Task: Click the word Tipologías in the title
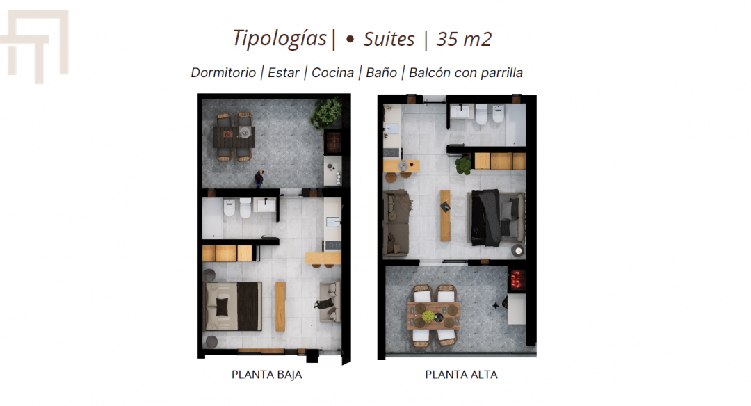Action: [280, 39]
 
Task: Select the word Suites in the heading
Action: [389, 39]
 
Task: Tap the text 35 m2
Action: [464, 39]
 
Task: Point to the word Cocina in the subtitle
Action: [332, 73]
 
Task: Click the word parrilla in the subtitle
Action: [501, 73]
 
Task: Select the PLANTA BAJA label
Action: [267, 375]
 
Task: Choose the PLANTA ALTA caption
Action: [461, 375]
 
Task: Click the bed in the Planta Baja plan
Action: [233, 307]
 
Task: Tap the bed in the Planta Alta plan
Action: [497, 218]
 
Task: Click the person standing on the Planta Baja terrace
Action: [259, 179]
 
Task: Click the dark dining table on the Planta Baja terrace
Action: [234, 138]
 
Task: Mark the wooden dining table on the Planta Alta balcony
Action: [434, 316]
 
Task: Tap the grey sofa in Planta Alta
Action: [396, 223]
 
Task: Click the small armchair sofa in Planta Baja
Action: [330, 302]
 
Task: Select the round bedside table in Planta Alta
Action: [518, 250]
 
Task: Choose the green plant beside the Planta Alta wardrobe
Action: [462, 165]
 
